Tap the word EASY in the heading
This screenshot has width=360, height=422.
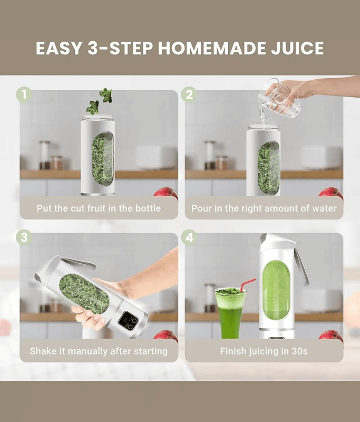59,49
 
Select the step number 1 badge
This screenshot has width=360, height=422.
24,94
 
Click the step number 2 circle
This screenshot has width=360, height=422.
189,94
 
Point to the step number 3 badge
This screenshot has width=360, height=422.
24,237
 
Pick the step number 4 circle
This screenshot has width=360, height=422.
189,237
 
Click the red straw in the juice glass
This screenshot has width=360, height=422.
247,284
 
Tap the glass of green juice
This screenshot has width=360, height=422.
230,313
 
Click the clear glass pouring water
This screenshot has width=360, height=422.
280,99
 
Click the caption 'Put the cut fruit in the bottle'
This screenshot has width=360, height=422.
99,208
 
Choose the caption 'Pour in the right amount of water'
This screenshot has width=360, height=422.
264,208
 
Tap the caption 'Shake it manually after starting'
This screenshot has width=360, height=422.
99,351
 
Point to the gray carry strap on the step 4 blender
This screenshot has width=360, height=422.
301,266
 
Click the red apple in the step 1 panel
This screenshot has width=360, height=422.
167,193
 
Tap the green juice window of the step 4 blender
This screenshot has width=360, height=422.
276,290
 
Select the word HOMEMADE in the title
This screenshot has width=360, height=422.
211,49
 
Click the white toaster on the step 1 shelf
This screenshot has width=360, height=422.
153,158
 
